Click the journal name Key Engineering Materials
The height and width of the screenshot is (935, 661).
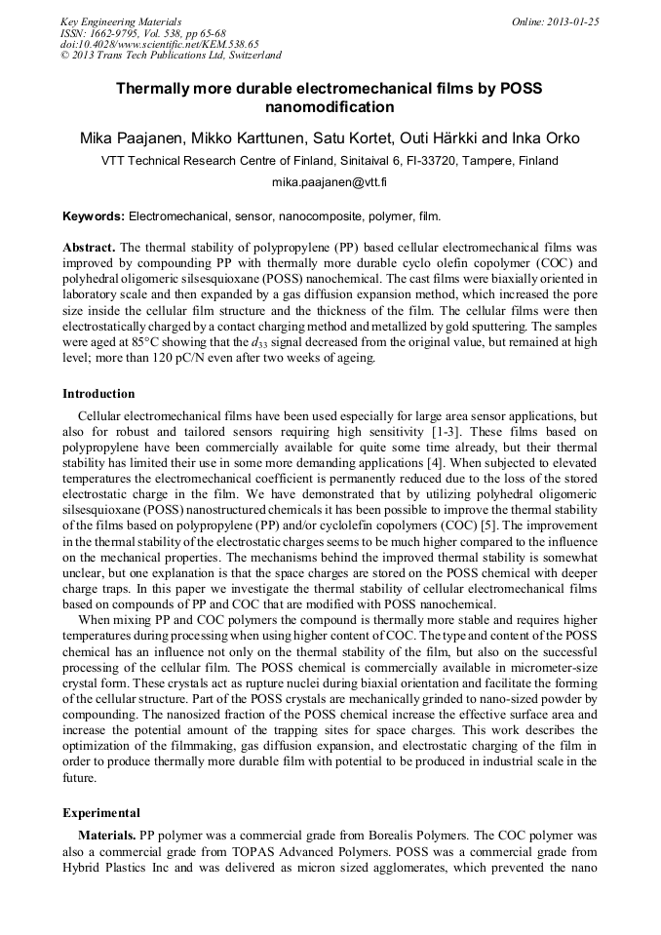click(121, 20)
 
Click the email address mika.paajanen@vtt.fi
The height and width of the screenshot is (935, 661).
click(330, 182)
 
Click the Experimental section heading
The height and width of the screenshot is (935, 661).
click(101, 812)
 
